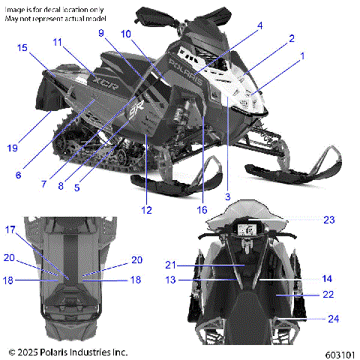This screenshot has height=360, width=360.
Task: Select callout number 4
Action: tap(259, 25)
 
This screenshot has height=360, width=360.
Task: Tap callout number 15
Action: tap(22, 47)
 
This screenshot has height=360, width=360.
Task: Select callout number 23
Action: tap(328, 220)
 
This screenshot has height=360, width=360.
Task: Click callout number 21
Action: tap(171, 264)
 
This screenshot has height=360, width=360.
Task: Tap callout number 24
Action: tap(334, 319)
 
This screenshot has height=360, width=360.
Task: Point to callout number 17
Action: tap(10, 229)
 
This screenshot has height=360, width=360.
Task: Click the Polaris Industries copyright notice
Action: tap(67, 351)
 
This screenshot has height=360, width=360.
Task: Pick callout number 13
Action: tap(171, 280)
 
